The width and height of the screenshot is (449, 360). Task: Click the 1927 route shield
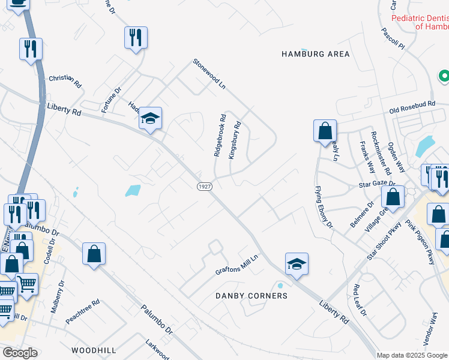(x=205, y=187)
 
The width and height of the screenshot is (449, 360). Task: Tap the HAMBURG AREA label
(x=315, y=54)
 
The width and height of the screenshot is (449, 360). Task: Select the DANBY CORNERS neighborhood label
(x=252, y=296)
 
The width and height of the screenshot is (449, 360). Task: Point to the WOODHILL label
(x=93, y=349)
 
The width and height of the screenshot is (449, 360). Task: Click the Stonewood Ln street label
(x=209, y=74)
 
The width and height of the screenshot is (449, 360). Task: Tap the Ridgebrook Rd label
(x=220, y=136)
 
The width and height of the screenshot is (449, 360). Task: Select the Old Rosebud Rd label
(x=412, y=106)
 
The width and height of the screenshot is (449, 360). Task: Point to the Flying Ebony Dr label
(x=324, y=207)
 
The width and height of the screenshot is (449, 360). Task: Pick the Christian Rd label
(x=65, y=81)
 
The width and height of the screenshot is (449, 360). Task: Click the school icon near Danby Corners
(x=297, y=263)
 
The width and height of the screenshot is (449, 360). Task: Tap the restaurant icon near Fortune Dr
(x=135, y=37)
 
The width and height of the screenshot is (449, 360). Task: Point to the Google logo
(x=19, y=352)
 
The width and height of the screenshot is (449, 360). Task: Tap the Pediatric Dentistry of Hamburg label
(x=420, y=22)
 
